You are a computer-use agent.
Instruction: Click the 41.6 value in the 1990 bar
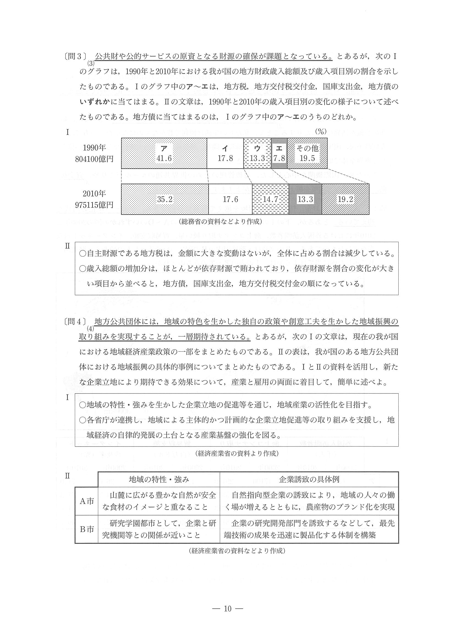[164, 159]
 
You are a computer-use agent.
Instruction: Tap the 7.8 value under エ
[279, 159]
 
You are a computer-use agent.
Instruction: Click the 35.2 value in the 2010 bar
[165, 199]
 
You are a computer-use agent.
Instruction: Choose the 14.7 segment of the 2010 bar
[270, 199]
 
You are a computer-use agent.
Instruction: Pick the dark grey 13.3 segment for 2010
[305, 199]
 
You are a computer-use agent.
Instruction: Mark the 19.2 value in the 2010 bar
[346, 199]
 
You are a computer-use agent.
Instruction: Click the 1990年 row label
[94, 148]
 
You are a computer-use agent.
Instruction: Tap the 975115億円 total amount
[94, 205]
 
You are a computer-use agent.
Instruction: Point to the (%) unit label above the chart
[322, 132]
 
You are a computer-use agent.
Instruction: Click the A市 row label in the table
[87, 501]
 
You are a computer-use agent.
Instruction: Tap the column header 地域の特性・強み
[159, 480]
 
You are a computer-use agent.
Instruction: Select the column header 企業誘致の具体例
[309, 480]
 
